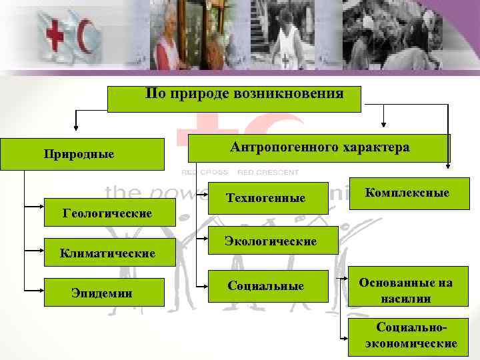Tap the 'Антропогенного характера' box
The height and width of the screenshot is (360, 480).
(x=319, y=147)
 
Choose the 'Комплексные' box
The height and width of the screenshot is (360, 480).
(x=407, y=193)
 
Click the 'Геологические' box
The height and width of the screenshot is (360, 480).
(x=107, y=214)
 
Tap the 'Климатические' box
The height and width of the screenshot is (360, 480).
(x=107, y=253)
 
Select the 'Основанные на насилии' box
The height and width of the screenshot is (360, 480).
(x=405, y=291)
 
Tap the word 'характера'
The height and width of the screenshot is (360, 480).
(x=375, y=147)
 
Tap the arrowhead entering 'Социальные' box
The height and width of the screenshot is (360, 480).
(x=205, y=286)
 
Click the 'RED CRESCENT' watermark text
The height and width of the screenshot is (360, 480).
(x=268, y=172)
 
